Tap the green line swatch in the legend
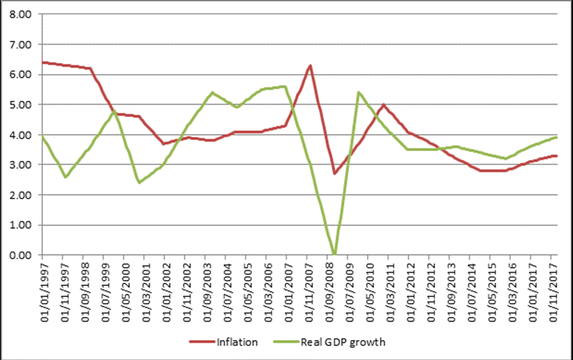[x=289, y=341]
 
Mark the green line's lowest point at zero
[x=334, y=254]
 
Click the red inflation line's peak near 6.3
[x=310, y=65]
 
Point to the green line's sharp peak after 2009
[x=359, y=93]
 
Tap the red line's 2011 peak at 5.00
[x=383, y=104]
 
